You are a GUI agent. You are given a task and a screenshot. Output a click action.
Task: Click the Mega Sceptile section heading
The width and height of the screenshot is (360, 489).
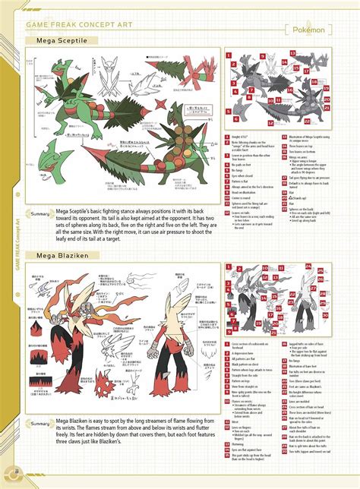[49, 38]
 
